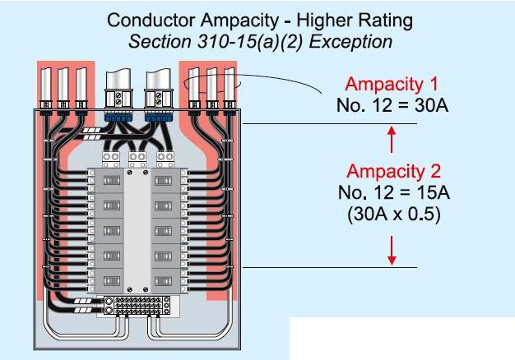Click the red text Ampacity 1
click(392, 84)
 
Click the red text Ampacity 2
click(393, 172)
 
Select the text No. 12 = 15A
click(393, 193)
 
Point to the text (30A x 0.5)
click(393, 215)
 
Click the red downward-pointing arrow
click(392, 250)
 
